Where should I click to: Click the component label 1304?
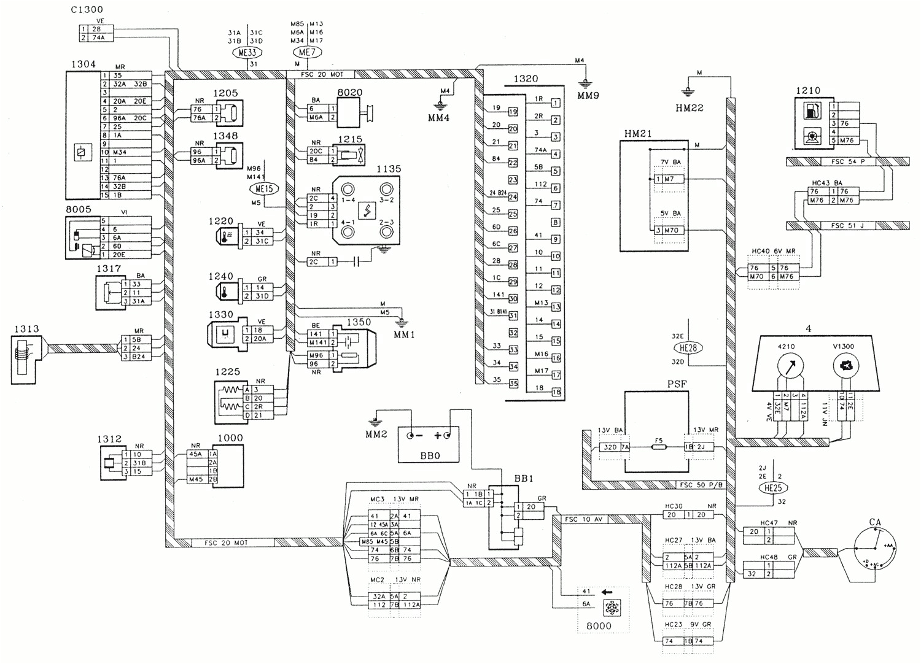pos(84,64)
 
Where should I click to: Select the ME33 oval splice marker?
pos(247,53)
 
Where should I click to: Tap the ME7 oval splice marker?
pos(307,53)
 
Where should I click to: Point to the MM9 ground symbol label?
pos(588,96)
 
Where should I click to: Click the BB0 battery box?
pos(429,444)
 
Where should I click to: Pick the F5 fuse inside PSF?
pos(658,447)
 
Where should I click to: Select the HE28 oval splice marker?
pos(688,348)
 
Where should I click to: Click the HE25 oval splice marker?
pos(773,488)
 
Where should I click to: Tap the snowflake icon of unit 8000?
pos(612,608)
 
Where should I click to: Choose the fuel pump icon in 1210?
pos(812,112)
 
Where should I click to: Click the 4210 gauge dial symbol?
pos(790,367)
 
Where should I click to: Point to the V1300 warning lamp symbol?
pos(845,367)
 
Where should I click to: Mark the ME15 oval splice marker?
pos(264,189)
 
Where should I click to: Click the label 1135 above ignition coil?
pos(388,169)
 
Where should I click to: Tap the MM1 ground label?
pos(404,335)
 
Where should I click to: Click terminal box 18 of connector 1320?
pos(556,392)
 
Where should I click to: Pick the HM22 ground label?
pos(689,109)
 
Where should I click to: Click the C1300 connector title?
pos(87,10)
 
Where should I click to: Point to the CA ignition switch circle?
pos(874,549)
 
